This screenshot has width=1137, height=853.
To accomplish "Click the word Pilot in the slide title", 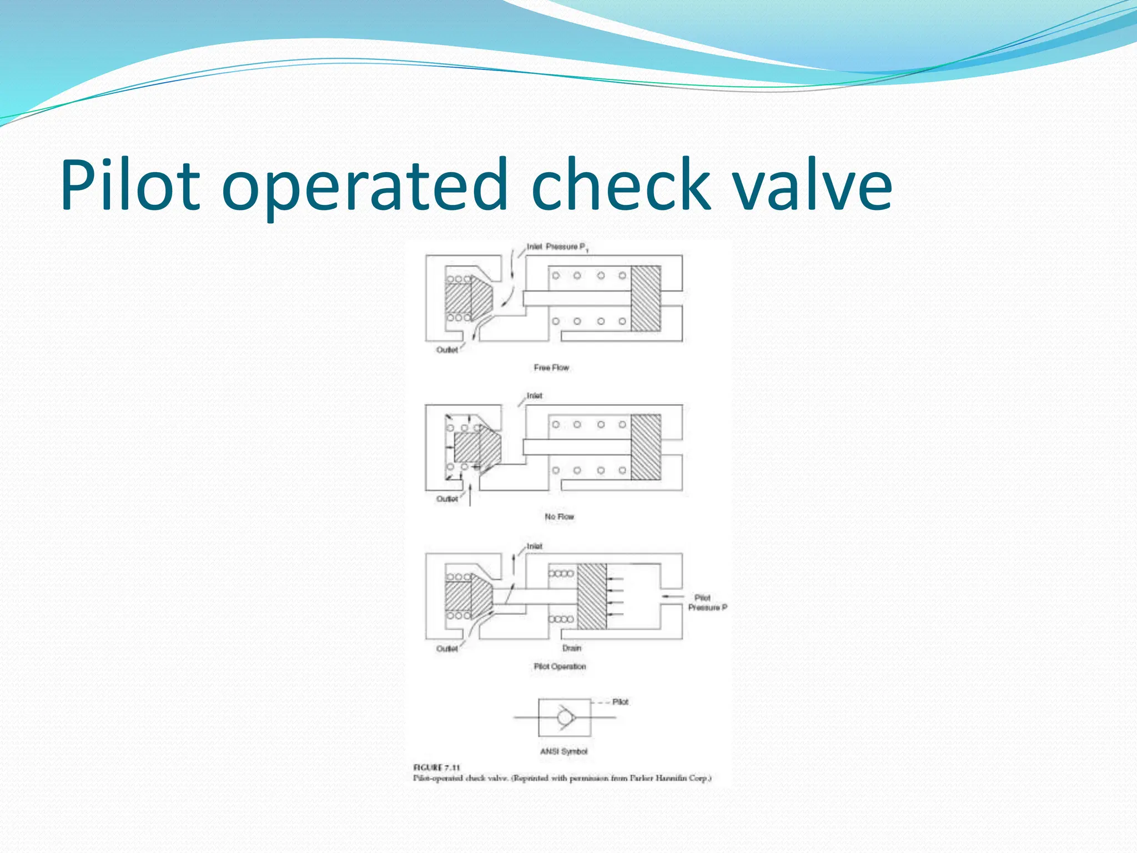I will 130,185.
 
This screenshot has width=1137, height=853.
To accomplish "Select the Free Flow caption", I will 551,368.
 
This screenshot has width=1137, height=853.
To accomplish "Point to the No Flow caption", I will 559,516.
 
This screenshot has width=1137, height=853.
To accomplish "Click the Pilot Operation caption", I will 560,666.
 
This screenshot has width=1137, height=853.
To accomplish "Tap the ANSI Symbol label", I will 564,751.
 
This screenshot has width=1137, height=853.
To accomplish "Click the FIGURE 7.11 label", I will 437,767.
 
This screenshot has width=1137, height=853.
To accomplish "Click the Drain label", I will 572,648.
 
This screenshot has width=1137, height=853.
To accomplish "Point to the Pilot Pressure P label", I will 707,603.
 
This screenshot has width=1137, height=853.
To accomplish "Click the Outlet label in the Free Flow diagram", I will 447,350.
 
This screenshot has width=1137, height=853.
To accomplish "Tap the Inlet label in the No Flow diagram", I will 534,396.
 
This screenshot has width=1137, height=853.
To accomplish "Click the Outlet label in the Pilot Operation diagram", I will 447,649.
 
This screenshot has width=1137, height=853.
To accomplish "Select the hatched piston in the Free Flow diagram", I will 646,299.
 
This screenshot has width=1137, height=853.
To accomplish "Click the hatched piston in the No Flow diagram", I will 646,447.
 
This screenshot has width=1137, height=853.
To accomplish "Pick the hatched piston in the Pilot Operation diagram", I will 592,596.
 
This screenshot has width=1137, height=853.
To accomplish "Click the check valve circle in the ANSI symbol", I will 565,717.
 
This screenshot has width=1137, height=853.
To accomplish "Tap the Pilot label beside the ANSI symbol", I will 620,702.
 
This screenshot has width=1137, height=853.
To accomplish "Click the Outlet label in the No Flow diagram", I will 447,499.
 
